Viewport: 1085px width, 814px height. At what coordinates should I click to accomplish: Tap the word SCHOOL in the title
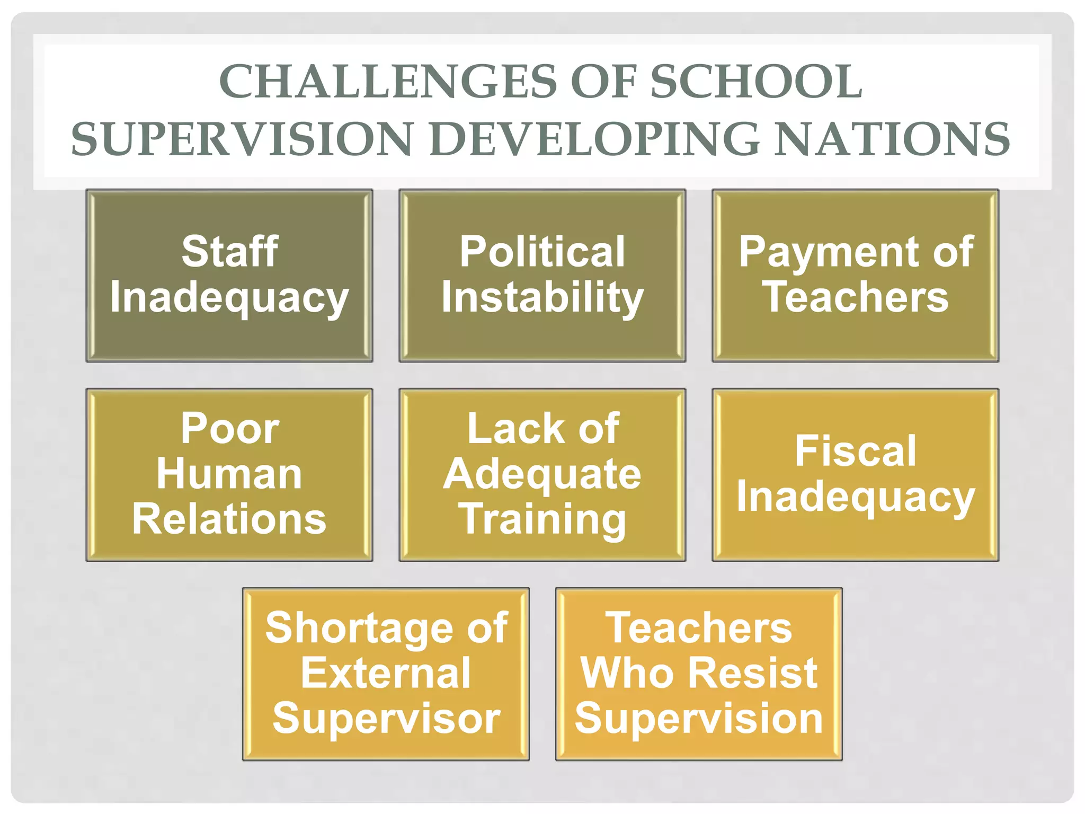(756, 82)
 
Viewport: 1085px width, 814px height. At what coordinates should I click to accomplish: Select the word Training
(542, 520)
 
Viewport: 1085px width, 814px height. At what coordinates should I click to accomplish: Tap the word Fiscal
(855, 451)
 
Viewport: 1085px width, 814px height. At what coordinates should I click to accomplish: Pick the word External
(386, 673)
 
